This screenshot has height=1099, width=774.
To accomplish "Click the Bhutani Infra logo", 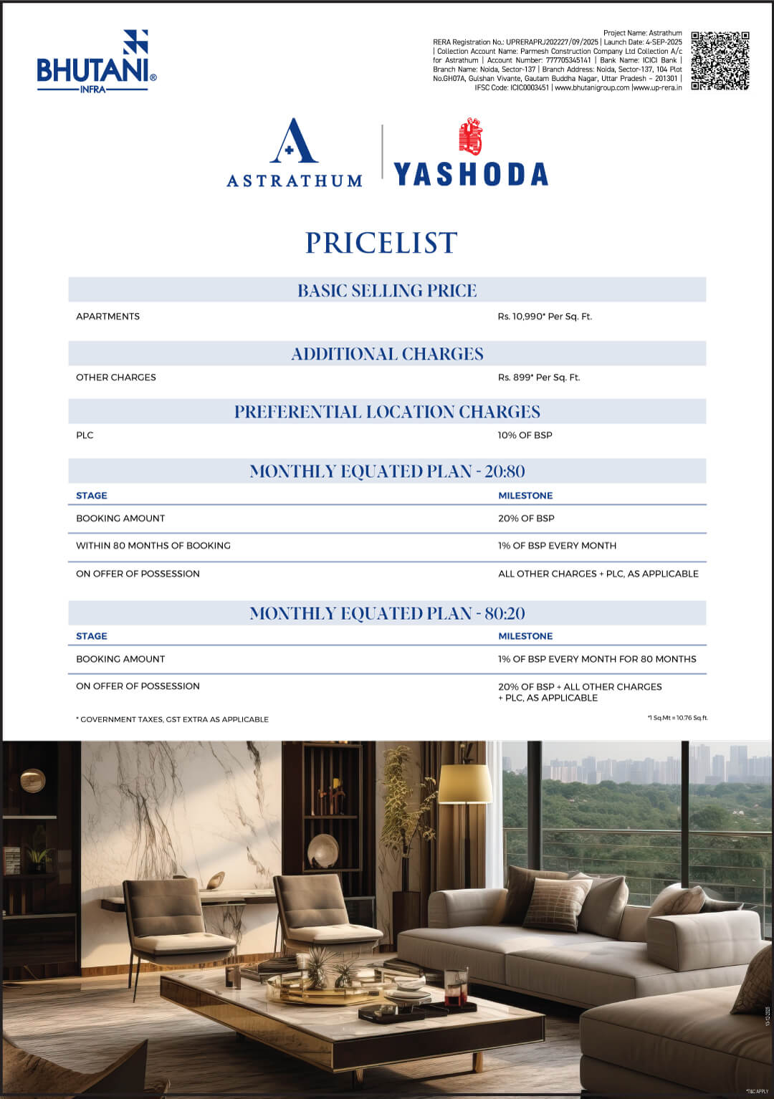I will point(95,62).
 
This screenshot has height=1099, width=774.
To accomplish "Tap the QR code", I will point(720,61).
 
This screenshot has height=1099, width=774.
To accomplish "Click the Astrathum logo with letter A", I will point(295,153).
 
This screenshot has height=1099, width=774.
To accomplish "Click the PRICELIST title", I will point(381,244).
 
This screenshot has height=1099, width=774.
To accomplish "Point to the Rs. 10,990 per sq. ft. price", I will point(545,317).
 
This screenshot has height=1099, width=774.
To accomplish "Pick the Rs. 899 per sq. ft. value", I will point(538,378).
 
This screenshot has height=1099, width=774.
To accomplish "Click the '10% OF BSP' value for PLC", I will point(525,436).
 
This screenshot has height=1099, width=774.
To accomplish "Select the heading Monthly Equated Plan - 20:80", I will point(387,471).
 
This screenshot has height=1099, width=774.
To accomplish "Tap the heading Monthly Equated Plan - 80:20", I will point(387,613).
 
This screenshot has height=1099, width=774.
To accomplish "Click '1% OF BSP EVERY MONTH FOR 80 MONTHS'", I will point(597,659).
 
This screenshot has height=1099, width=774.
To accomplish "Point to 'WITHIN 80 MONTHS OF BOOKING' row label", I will point(153,546).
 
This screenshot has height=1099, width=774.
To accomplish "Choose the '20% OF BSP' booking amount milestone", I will point(526,519).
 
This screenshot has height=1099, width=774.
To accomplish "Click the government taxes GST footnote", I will point(173,719).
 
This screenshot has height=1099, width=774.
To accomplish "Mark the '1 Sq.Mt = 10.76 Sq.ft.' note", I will point(677,717).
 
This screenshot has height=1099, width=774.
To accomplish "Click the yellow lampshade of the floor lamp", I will point(465,784).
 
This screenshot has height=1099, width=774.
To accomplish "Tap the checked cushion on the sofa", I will point(558,903).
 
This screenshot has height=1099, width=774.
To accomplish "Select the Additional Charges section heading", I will point(387,354).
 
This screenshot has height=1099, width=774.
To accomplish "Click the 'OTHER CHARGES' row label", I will point(116,378).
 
